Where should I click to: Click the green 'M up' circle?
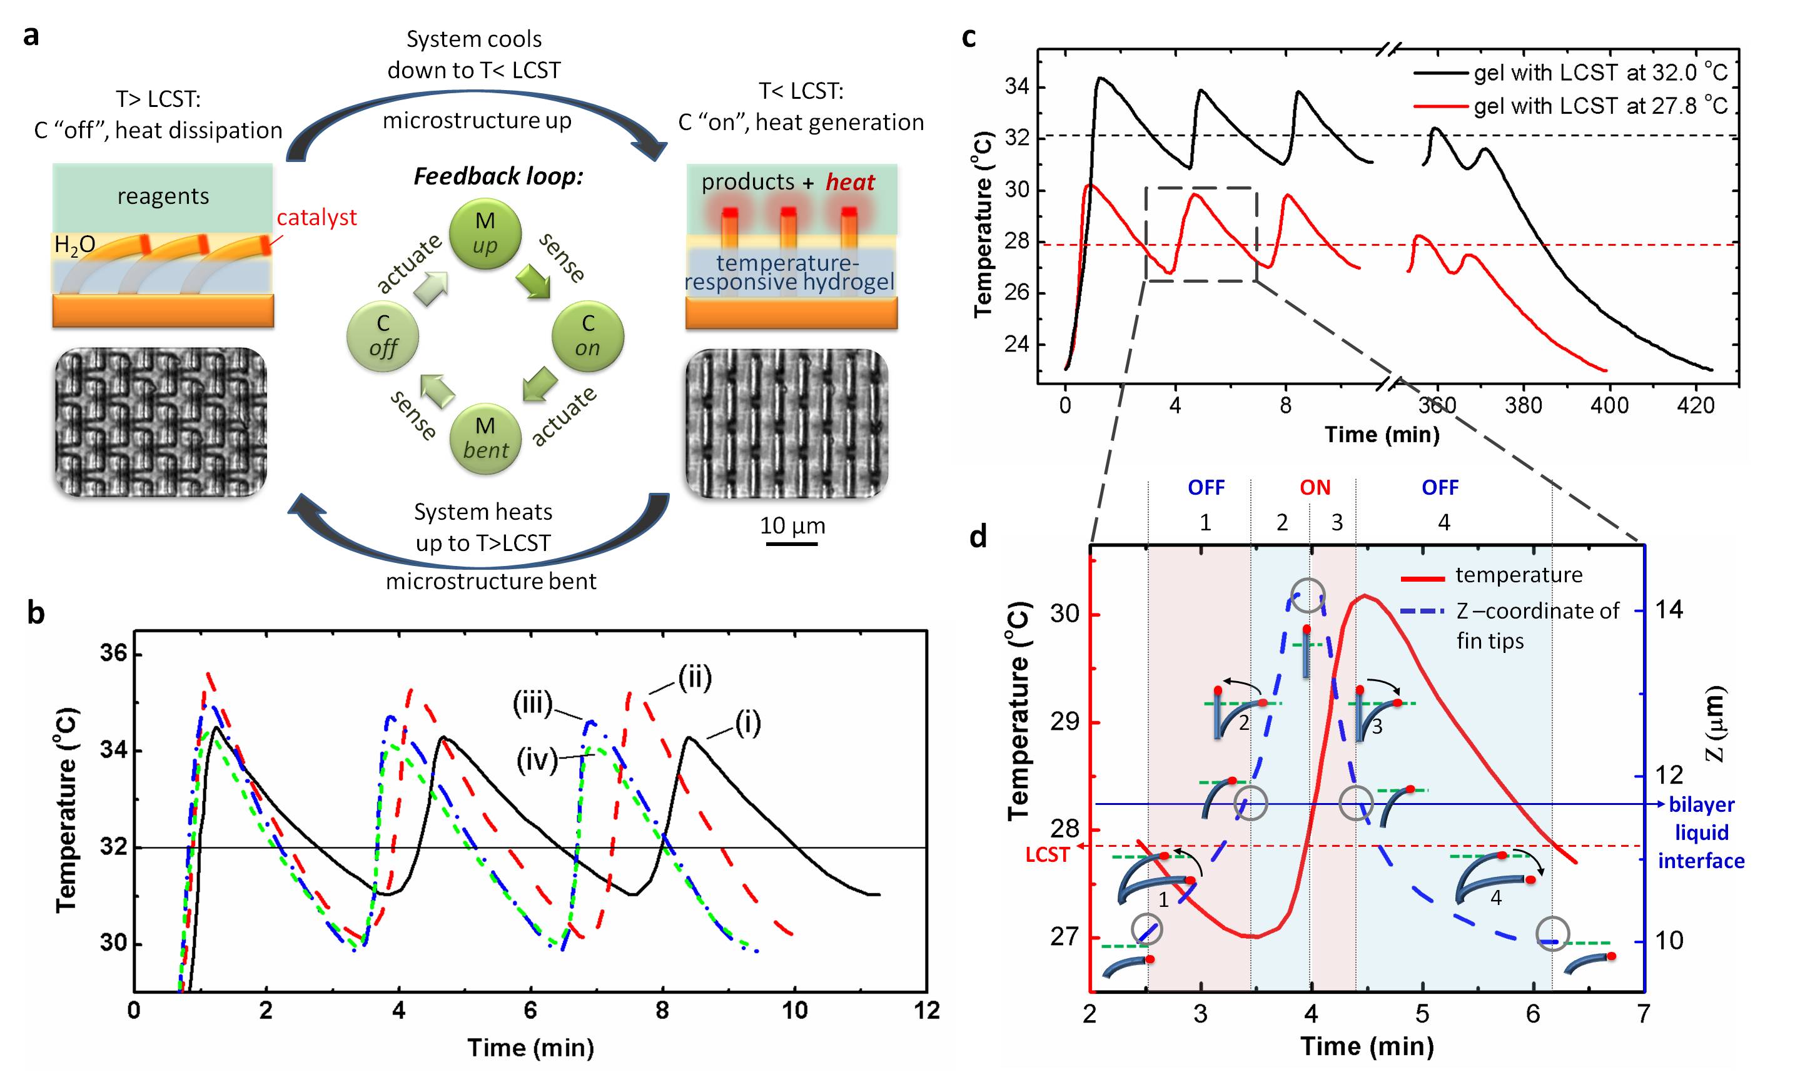point(485,234)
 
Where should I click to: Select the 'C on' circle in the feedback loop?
point(587,336)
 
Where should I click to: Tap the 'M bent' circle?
point(485,438)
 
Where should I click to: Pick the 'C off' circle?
point(383,336)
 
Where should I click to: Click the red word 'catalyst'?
point(316,218)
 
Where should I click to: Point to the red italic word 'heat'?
point(850,182)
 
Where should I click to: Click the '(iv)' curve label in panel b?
point(537,760)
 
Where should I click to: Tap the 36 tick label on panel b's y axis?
point(113,654)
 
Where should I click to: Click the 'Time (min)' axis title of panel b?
point(531,1047)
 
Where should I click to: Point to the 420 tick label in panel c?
point(1695,405)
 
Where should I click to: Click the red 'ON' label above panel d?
point(1315,488)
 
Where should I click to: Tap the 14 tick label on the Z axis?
point(1669,610)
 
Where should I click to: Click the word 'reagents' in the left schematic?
point(163,196)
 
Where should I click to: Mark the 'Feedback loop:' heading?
point(498,176)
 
